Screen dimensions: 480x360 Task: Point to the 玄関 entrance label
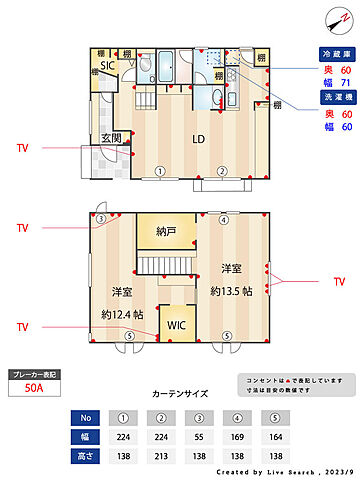111,138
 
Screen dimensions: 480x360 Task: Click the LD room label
199,139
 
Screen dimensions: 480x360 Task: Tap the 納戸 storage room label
166,231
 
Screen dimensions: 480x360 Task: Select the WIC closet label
176,325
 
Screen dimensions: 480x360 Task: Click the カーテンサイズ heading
179,395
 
